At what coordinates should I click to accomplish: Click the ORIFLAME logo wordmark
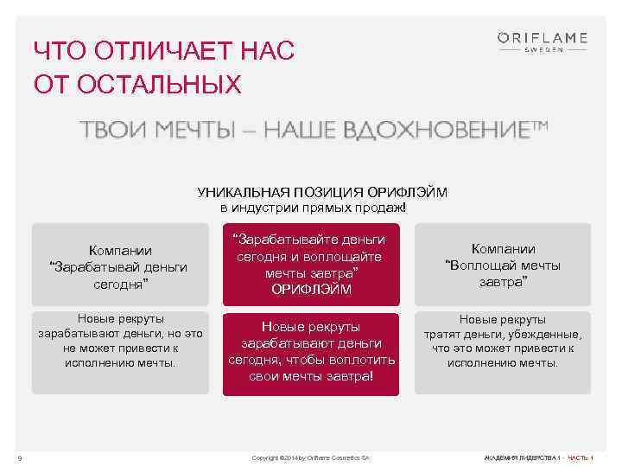click(542, 37)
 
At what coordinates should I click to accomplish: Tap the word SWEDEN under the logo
click(543, 49)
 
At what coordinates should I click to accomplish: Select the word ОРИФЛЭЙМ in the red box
click(311, 290)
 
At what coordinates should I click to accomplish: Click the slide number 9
click(19, 457)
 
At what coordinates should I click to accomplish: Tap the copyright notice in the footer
click(310, 457)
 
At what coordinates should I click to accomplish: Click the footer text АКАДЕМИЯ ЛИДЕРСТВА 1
click(522, 457)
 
